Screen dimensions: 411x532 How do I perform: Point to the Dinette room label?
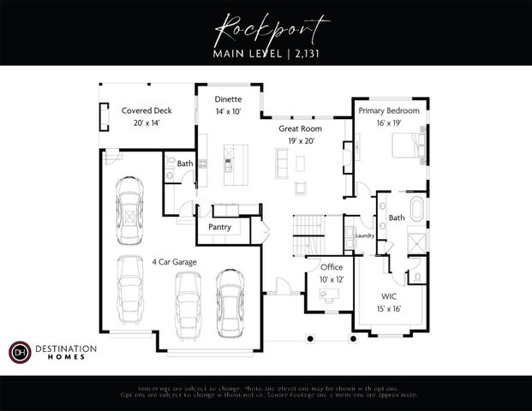pos(228,100)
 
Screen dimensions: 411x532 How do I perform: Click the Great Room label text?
pos(299,128)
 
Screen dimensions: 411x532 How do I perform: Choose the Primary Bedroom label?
pos(389,110)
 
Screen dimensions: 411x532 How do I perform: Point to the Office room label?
pos(332,267)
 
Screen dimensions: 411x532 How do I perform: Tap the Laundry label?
pos(364,235)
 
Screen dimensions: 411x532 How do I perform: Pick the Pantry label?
pos(219,227)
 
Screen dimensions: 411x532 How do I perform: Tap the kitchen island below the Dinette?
pos(231,166)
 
